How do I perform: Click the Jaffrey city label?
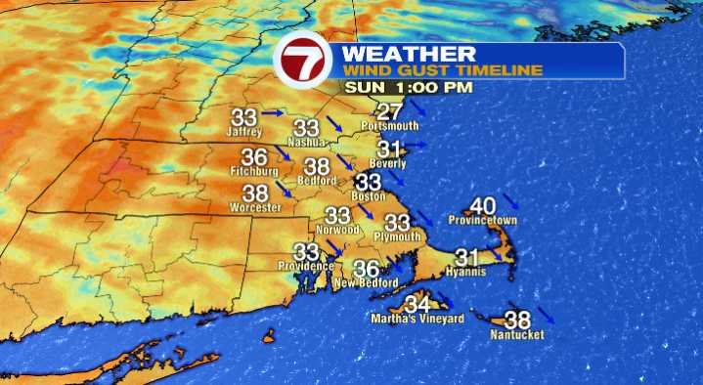(x=244, y=131)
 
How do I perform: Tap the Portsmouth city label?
(x=389, y=126)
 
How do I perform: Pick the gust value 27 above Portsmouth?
(x=390, y=111)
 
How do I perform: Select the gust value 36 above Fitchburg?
(x=254, y=157)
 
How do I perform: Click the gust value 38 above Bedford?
(x=317, y=166)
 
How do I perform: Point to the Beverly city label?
(x=388, y=163)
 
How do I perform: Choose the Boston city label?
(x=371, y=195)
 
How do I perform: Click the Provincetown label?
(x=482, y=221)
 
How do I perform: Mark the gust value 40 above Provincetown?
(x=483, y=206)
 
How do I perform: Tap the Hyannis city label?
(x=467, y=272)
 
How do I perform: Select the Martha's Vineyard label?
(x=417, y=319)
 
